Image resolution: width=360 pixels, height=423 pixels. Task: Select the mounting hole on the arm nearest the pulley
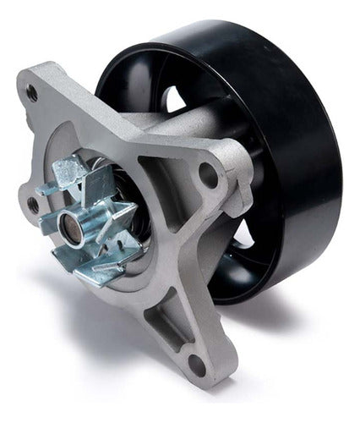[x=205, y=179]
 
